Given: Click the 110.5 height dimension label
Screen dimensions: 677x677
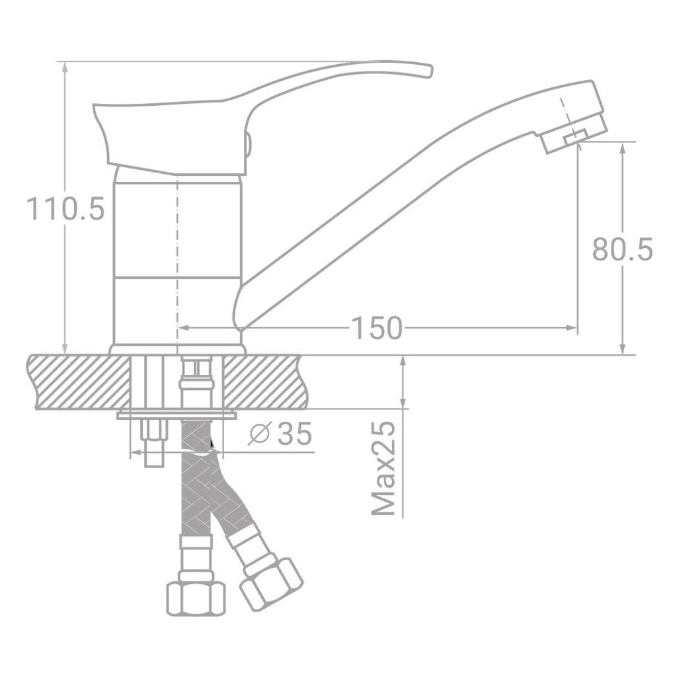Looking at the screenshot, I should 65,209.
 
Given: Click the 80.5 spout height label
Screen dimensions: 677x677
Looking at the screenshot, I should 621,250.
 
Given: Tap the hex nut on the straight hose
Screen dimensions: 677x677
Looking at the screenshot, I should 195,596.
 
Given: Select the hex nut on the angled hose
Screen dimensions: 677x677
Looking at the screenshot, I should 272,582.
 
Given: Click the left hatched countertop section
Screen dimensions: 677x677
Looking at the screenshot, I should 79,382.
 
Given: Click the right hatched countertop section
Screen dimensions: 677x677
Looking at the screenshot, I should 264,382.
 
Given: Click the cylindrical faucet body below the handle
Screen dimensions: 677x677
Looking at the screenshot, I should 177,258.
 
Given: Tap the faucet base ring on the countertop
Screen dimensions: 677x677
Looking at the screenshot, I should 177,349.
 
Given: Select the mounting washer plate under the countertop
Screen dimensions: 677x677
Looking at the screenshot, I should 177,415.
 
